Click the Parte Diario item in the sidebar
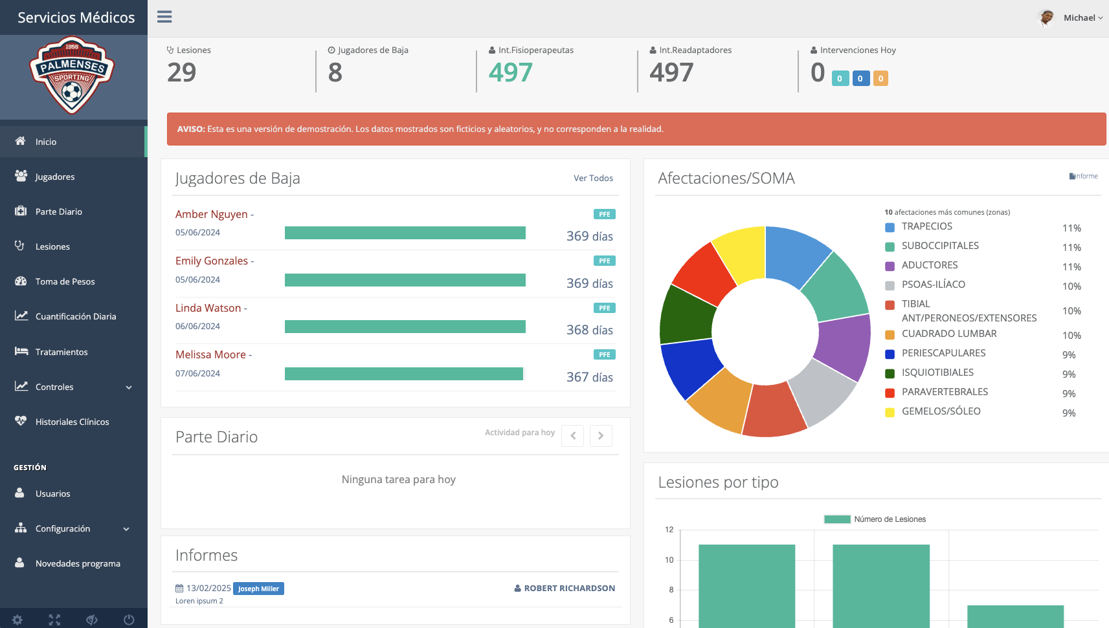click(x=58, y=211)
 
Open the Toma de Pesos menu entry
click(x=65, y=281)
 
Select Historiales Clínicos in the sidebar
click(x=72, y=422)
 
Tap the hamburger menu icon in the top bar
click(x=164, y=17)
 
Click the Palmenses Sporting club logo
click(x=72, y=76)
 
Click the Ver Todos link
click(x=593, y=178)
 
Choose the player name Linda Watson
click(x=208, y=308)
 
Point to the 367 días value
click(x=589, y=377)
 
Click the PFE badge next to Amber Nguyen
click(x=604, y=214)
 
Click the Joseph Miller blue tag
click(x=258, y=589)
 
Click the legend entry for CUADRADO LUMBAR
click(x=948, y=334)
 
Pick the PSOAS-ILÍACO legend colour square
click(x=890, y=285)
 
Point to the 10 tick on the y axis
click(x=669, y=560)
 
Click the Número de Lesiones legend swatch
click(x=836, y=519)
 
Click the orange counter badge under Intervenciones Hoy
click(x=880, y=79)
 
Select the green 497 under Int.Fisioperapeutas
click(x=510, y=72)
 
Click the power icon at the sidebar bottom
click(x=129, y=620)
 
